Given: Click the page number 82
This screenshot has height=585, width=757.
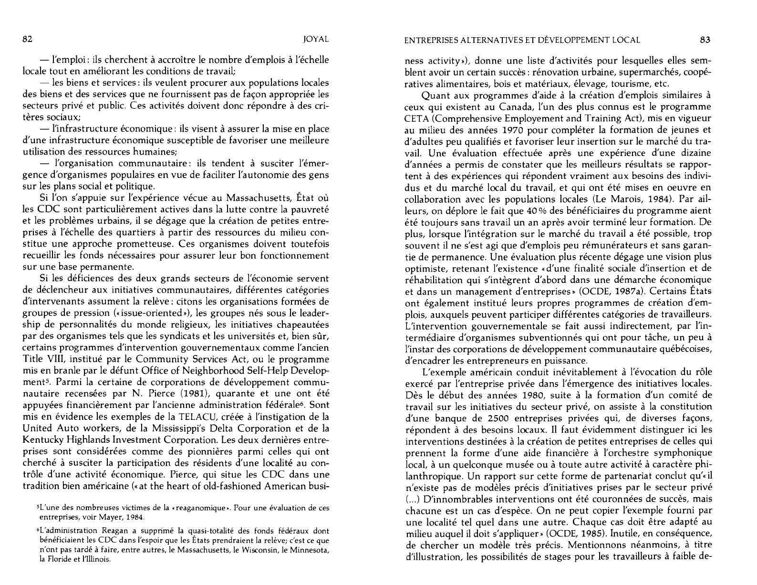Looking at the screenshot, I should click(x=28, y=40).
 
